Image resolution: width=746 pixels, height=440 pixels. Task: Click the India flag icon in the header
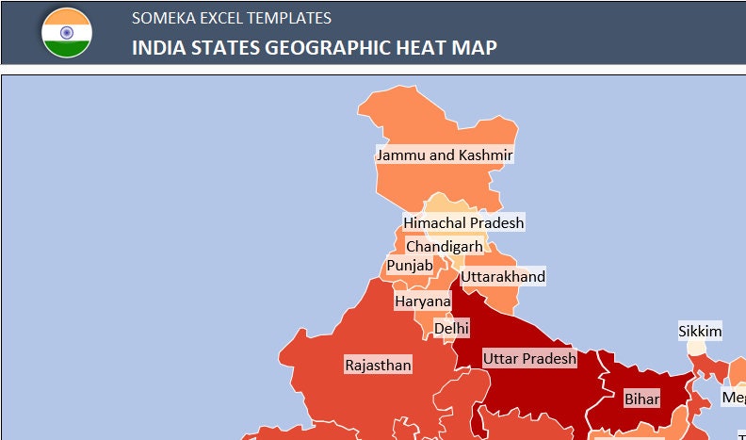click(x=66, y=32)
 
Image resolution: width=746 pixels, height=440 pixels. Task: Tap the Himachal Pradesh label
click(x=463, y=222)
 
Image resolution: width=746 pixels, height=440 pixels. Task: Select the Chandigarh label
click(x=444, y=247)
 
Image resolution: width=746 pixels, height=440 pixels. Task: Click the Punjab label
click(x=410, y=266)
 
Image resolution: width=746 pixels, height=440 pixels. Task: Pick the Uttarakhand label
click(x=503, y=277)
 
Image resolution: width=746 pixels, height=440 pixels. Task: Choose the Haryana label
click(x=423, y=301)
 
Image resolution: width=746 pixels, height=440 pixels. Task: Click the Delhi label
click(x=451, y=328)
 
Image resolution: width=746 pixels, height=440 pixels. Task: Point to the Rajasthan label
click(x=378, y=365)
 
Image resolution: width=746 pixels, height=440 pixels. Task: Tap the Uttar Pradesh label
click(x=529, y=359)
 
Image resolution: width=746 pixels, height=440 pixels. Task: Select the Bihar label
click(x=642, y=399)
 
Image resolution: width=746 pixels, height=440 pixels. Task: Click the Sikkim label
click(x=700, y=332)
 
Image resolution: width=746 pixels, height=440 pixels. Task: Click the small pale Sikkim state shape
click(x=695, y=348)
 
